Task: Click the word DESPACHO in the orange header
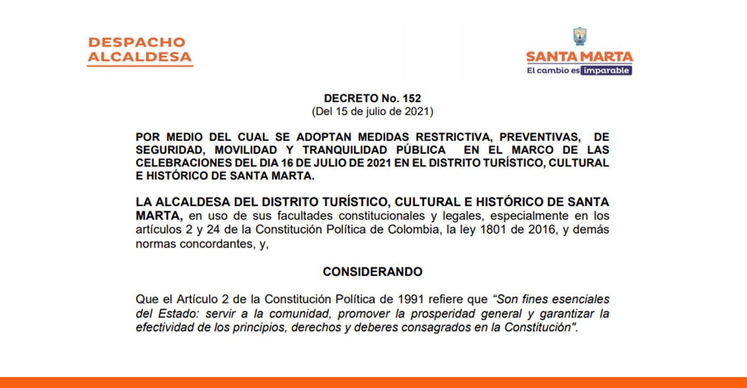[x=137, y=42]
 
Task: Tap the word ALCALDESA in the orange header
[x=140, y=57]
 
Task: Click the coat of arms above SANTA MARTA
[x=580, y=37]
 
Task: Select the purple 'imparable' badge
[x=606, y=70]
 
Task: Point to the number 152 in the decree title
[x=412, y=99]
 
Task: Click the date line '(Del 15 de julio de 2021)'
[x=372, y=112]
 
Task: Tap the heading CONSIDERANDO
[x=372, y=272]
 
